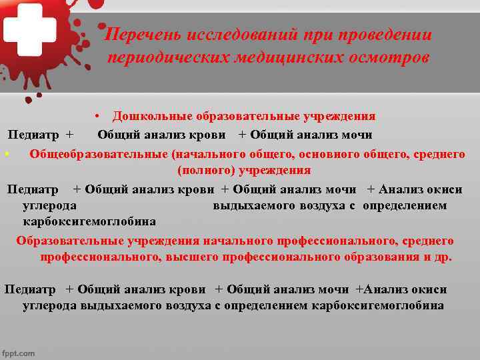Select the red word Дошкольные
point(147,116)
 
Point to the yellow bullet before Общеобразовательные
point(5,154)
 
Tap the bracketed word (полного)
point(207,170)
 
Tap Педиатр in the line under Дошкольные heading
point(33,135)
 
